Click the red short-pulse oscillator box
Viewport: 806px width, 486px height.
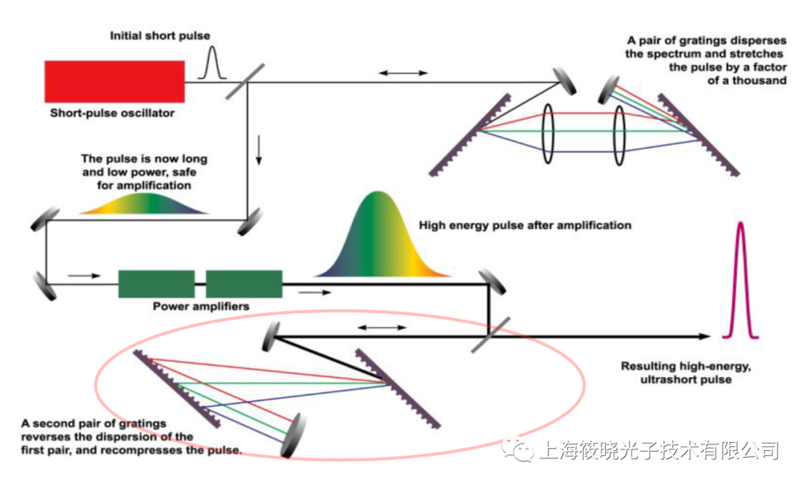[x=114, y=81]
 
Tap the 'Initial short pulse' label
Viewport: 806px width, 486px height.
[x=160, y=35]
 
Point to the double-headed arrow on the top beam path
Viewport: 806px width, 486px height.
[x=403, y=73]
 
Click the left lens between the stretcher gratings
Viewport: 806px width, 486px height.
[x=549, y=133]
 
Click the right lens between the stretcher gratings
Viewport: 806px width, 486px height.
[x=618, y=134]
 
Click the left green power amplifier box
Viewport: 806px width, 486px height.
[x=156, y=284]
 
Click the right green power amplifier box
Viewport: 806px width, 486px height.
[x=244, y=284]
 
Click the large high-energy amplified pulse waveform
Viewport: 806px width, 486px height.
[x=381, y=239]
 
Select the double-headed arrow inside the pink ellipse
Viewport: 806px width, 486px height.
[x=382, y=327]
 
